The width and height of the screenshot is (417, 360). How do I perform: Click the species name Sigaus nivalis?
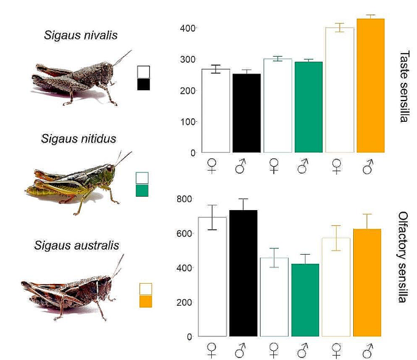click(80, 35)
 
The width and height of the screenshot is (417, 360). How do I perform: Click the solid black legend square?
click(144, 84)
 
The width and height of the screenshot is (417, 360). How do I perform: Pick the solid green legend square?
click(142, 191)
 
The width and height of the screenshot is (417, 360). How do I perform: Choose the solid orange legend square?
click(145, 301)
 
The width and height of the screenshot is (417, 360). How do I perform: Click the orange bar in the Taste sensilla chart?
click(370, 85)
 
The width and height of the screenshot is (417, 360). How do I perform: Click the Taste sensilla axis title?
click(403, 86)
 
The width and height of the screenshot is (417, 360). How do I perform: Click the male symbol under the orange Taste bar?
click(368, 166)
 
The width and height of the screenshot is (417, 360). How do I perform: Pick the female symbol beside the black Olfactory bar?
click(212, 350)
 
